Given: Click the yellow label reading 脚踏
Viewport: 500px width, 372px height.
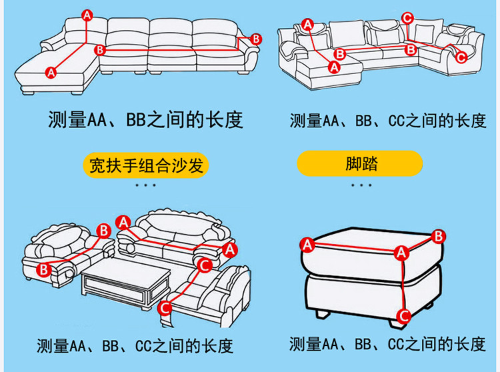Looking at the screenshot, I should (x=361, y=164).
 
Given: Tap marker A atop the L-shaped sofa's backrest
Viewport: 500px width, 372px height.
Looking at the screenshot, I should (x=87, y=15).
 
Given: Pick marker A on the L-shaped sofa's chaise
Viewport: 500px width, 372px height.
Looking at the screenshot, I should (x=51, y=72).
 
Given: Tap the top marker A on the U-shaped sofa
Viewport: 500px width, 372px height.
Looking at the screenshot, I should (x=307, y=24).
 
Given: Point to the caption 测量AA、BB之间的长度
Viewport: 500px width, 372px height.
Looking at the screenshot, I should (x=145, y=120).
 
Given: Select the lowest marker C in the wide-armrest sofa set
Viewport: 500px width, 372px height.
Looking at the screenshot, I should (x=165, y=308).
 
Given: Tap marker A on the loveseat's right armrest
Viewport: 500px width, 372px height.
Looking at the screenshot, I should (x=230, y=249).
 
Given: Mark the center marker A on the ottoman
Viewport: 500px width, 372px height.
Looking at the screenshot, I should (x=401, y=253).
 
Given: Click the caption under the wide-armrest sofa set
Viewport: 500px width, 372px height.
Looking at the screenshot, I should (x=135, y=345).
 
